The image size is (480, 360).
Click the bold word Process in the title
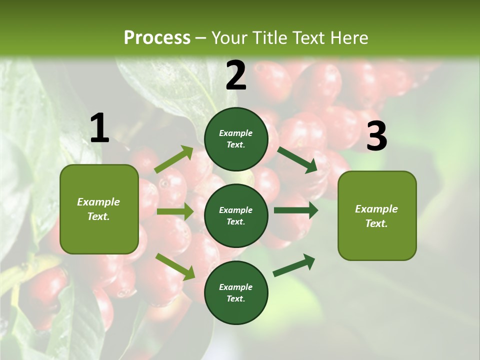click(x=157, y=38)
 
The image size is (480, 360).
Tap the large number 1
click(x=99, y=128)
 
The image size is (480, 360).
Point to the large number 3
click(x=376, y=136)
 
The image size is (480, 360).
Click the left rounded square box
click(x=99, y=209)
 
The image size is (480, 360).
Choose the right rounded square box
click(x=377, y=216)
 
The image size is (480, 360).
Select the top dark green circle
click(x=236, y=139)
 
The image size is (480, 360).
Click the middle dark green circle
click(x=236, y=215)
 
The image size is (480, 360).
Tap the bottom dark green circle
click(x=236, y=292)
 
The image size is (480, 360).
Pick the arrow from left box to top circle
click(x=174, y=159)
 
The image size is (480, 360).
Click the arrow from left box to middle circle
click(x=175, y=211)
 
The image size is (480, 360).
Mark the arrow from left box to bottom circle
click(x=175, y=266)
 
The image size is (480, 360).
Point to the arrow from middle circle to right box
click(x=295, y=210)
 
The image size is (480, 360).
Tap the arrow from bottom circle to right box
click(x=294, y=265)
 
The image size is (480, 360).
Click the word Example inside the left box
click(x=98, y=202)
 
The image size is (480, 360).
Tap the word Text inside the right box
click(x=376, y=223)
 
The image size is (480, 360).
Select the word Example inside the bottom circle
click(x=236, y=287)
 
